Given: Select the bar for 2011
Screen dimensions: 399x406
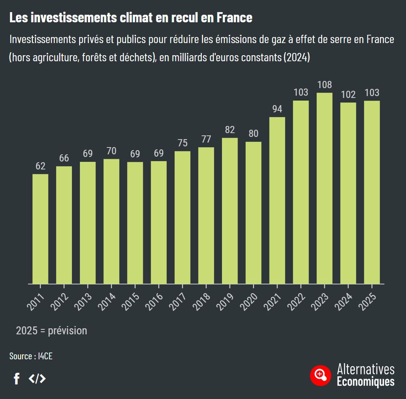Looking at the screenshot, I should pos(40,229).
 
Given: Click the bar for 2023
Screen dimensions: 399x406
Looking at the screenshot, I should pos(324,189).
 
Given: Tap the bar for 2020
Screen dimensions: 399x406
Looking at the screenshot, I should pos(253,213).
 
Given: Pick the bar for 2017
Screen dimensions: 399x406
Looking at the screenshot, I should pos(182,217).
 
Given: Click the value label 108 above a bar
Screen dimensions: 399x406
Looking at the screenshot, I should pos(324,85).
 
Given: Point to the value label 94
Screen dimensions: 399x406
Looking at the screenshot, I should pos(277,109).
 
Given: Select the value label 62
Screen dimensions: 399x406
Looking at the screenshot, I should pos(40,166).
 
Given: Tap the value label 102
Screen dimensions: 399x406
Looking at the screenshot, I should pos(348,94).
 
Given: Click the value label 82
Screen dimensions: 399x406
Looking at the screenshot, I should pos(230,130).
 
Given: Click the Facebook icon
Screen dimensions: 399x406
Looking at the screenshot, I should pos(17,379).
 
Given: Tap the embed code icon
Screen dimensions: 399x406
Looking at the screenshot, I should pos(37,379).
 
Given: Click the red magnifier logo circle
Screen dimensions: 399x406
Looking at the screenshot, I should pos(320,375).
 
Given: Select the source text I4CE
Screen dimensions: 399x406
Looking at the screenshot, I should pos(45,356).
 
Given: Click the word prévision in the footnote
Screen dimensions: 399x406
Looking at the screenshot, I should pos(67,330).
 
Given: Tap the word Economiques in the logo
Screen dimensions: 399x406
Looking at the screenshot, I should pos(365,382).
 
